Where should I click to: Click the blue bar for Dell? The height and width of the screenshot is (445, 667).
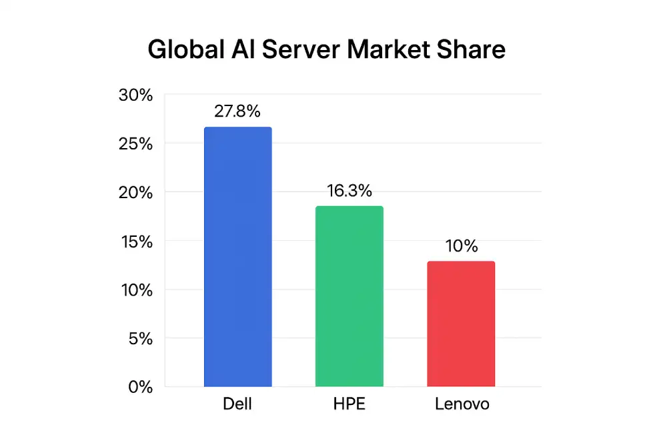pos(237,257)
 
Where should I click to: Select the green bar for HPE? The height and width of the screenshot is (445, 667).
pos(349,296)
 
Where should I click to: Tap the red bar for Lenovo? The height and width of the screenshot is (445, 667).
pos(461,324)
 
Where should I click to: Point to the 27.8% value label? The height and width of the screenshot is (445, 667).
pos(237,111)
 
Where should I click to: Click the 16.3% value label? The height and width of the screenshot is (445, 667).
pos(349,191)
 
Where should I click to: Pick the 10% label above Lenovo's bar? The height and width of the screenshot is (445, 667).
pos(461,246)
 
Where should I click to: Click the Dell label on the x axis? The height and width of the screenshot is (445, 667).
pos(237,404)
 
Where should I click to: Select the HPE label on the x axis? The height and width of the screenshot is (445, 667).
pos(349,404)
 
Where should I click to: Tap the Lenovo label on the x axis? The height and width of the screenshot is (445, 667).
pos(462,404)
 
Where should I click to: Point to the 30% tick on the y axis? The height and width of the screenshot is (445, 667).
pos(135,95)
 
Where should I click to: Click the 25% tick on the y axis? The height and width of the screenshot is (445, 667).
pos(135,144)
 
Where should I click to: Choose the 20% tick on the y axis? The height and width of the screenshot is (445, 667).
pos(135,193)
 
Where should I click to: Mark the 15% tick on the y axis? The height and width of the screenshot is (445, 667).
pos(135,242)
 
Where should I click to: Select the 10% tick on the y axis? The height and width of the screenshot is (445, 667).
pos(135,290)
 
